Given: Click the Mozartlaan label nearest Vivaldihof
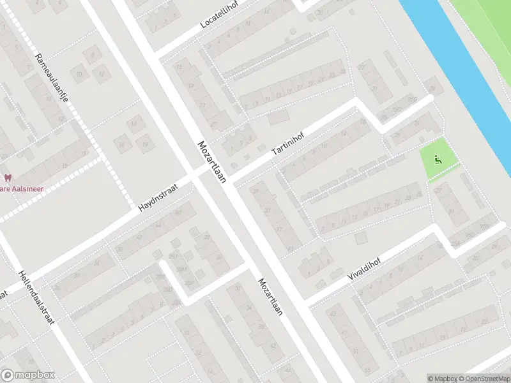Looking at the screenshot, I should [270, 298].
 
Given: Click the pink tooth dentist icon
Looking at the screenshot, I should [8, 177].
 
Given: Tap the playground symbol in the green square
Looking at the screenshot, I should [438, 160].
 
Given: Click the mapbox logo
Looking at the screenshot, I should [27, 375].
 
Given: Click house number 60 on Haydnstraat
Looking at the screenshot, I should [178, 212].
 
